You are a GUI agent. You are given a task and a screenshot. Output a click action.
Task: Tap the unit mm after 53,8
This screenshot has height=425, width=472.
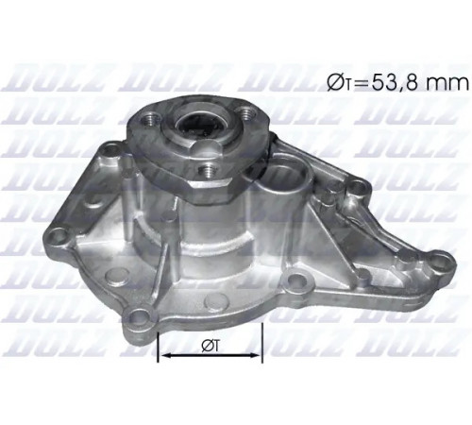coord(449,85)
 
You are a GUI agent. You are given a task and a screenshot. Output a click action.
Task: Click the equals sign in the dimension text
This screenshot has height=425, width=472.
coord(362,84)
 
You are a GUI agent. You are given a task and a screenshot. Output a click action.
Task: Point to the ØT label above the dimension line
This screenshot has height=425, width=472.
coord(211,346)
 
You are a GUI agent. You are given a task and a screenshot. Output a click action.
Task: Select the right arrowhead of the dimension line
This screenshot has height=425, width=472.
coord(254,355)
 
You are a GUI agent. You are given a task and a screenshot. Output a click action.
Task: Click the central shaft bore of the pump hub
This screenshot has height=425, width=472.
coord(199,126)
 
